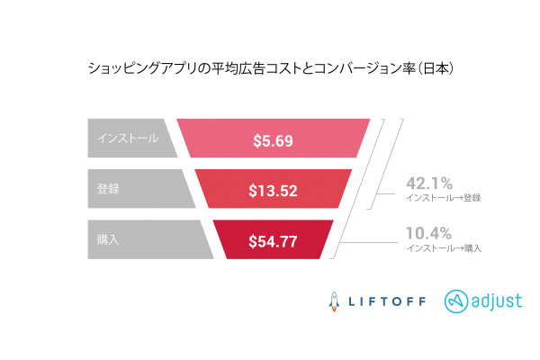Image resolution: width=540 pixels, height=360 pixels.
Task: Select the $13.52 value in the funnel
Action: coord(272,190)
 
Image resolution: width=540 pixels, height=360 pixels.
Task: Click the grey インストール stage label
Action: coord(129,138)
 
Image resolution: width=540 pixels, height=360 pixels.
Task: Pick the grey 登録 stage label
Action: coord(108,188)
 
